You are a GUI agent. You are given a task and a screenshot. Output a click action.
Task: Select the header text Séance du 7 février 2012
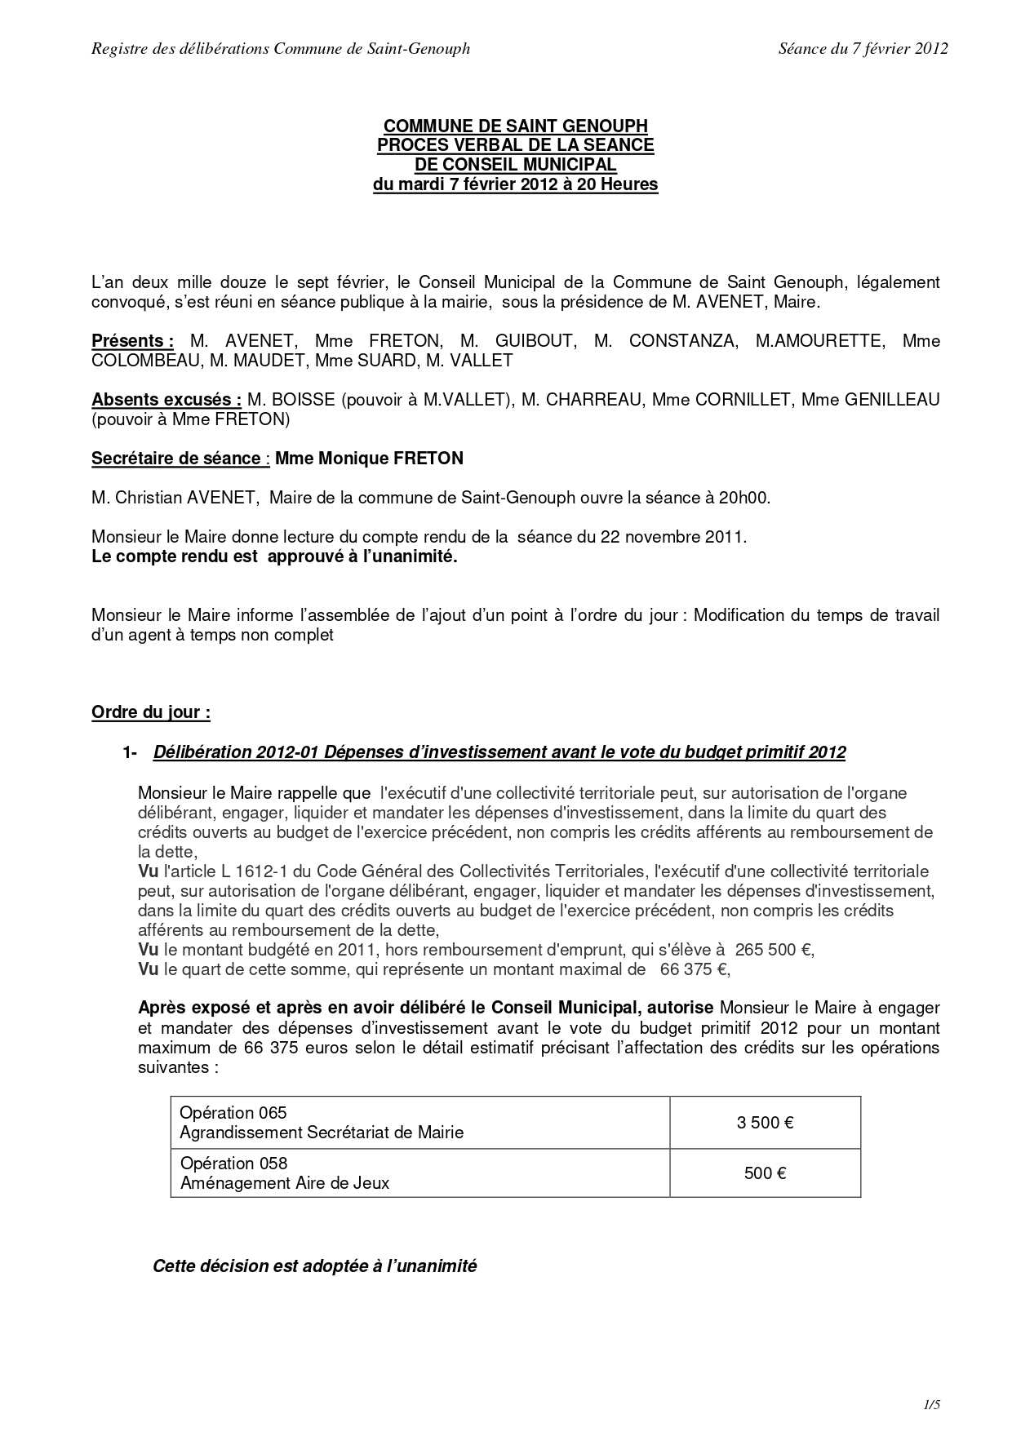click(x=863, y=49)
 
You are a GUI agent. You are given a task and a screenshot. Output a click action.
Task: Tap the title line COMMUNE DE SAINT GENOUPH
click(x=515, y=126)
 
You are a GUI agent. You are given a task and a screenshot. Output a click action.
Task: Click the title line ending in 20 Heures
click(x=515, y=184)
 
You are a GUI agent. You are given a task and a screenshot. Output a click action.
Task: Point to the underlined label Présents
click(x=132, y=341)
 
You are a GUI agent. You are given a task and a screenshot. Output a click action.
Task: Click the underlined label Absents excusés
click(x=166, y=400)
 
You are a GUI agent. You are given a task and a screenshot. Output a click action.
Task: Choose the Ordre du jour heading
click(x=151, y=712)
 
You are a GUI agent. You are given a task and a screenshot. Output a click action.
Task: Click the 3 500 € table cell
click(x=765, y=1123)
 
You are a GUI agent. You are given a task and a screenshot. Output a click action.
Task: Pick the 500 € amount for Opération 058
click(x=765, y=1173)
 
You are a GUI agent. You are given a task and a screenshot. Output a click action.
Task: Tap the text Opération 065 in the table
click(x=233, y=1113)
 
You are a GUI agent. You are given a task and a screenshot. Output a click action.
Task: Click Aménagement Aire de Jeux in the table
click(x=285, y=1183)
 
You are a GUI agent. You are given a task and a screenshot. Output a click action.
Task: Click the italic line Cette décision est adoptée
click(x=314, y=1266)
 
